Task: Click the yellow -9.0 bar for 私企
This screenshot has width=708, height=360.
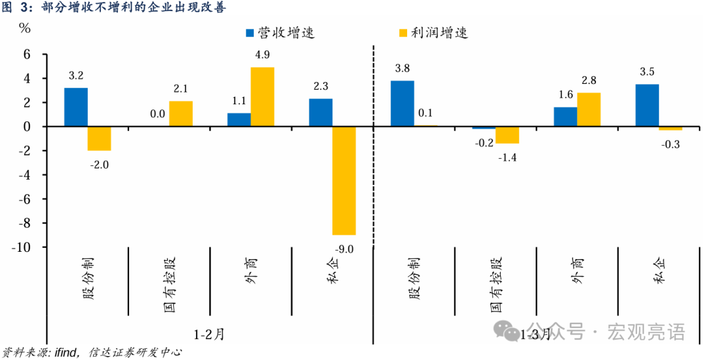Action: (344, 180)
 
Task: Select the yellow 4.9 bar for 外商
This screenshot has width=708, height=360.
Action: (262, 97)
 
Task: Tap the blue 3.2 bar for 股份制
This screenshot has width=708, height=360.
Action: (76, 107)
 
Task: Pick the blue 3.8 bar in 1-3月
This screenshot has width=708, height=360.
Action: (403, 104)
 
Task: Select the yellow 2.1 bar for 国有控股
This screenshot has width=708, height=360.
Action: (181, 113)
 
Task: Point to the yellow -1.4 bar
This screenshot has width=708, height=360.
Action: (507, 135)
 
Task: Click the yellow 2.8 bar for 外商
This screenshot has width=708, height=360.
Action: (589, 110)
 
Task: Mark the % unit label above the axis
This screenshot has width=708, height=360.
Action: (24, 28)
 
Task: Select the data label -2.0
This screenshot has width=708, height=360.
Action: (99, 165)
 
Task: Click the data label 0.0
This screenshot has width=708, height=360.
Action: (157, 114)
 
